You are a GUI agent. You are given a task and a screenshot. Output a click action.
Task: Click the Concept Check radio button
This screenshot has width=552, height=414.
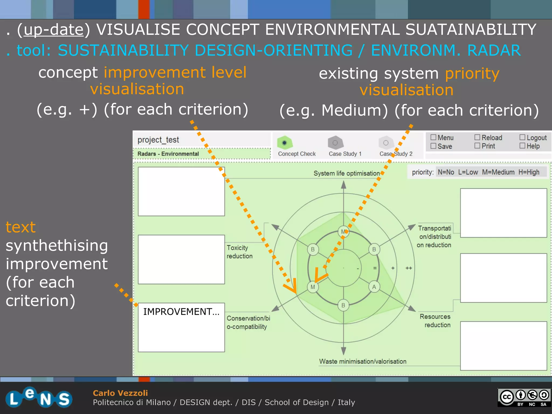point(284,143)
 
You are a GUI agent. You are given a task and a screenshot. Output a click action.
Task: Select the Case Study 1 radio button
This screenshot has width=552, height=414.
point(335,143)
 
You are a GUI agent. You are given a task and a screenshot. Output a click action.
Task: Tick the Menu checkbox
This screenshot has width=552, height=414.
point(433,137)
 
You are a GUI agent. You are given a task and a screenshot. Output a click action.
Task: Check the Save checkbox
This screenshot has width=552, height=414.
point(433,146)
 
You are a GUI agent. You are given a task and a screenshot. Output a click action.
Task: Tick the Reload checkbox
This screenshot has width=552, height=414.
point(477,137)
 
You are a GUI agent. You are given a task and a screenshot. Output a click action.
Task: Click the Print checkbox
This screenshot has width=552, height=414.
point(477,146)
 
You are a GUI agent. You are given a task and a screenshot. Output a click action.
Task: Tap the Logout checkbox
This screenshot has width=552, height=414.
point(522,137)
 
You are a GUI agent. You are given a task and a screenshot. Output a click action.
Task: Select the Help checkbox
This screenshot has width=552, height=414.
point(522,146)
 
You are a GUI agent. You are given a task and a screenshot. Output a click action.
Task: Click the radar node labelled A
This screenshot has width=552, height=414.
point(374,287)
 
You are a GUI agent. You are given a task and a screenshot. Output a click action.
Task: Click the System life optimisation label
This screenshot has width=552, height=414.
point(346,173)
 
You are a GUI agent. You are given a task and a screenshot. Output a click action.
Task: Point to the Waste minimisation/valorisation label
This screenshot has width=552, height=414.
point(363,361)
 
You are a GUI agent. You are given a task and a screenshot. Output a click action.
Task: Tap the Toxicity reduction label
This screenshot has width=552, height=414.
point(239,252)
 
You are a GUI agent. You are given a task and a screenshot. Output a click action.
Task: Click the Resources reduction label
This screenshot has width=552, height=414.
point(435,320)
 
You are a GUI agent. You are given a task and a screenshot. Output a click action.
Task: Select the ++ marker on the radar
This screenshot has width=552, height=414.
point(409,268)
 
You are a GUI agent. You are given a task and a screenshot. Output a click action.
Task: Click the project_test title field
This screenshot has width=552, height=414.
point(158,140)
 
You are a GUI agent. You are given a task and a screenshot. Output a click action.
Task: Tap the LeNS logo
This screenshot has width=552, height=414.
point(39,398)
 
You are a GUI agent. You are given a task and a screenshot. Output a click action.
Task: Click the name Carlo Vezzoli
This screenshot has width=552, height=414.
point(120,393)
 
